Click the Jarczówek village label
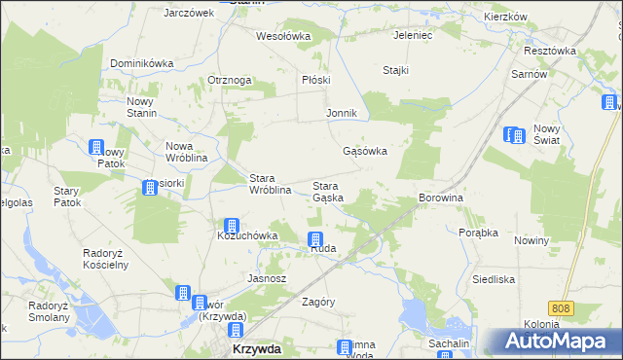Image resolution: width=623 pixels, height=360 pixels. (x=189, y=13)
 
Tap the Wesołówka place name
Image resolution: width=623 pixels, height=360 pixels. (x=282, y=36)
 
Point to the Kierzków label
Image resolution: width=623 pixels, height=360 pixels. (x=505, y=18)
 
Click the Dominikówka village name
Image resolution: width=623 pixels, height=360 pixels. (x=141, y=63)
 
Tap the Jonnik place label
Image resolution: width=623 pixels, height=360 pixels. (x=342, y=113)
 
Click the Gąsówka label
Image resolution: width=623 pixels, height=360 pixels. (x=366, y=152)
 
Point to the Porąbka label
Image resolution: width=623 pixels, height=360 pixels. (x=479, y=233)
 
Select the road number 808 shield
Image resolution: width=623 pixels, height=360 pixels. (x=559, y=308)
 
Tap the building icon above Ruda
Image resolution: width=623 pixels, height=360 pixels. (x=315, y=239)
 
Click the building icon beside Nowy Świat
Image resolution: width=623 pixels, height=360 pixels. (x=514, y=135)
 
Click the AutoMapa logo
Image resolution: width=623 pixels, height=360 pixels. (x=560, y=342)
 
